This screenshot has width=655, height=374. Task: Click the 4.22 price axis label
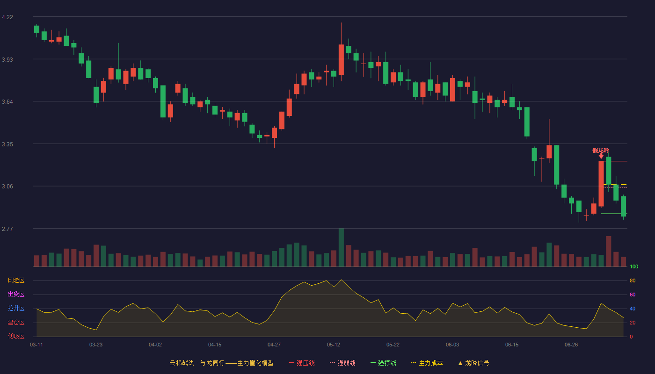pyautogui.click(x=7, y=17)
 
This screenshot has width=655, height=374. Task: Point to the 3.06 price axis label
pyautogui.click(x=7, y=187)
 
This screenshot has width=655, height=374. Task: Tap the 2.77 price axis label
pyautogui.click(x=7, y=229)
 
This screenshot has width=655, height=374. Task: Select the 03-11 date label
pyautogui.click(x=36, y=345)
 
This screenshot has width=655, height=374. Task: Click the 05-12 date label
pyautogui.click(x=333, y=345)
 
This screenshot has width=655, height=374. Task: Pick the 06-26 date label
pyautogui.click(x=571, y=345)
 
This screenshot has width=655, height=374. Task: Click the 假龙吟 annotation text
pyautogui.click(x=601, y=151)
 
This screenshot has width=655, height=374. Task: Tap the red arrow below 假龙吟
pyautogui.click(x=601, y=156)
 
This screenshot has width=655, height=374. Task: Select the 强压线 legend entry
pyautogui.click(x=302, y=363)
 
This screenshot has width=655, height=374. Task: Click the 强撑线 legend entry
pyautogui.click(x=383, y=363)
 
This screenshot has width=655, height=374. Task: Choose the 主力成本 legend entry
pyautogui.click(x=427, y=363)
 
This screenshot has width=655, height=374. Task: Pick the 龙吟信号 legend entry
pyautogui.click(x=473, y=363)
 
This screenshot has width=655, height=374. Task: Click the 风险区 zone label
pyautogui.click(x=16, y=280)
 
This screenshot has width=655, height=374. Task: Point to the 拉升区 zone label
pyautogui.click(x=16, y=309)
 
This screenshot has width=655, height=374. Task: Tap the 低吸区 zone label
pyautogui.click(x=16, y=337)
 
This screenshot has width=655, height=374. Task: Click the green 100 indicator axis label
pyautogui.click(x=634, y=266)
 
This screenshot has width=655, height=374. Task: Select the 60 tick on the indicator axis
pyautogui.click(x=633, y=295)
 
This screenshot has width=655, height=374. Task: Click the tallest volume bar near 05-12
pyautogui.click(x=341, y=247)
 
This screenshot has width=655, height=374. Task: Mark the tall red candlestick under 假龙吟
pyautogui.click(x=601, y=184)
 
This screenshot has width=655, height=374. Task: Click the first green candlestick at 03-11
pyautogui.click(x=36, y=29)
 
